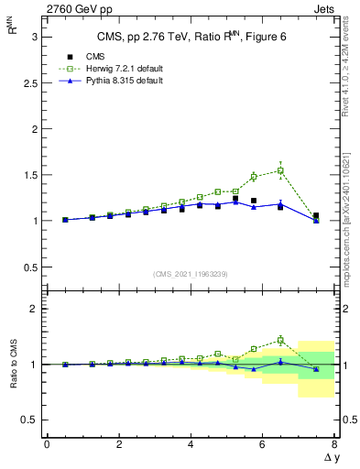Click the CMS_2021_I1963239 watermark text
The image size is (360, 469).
pyautogui.click(x=190, y=274)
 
